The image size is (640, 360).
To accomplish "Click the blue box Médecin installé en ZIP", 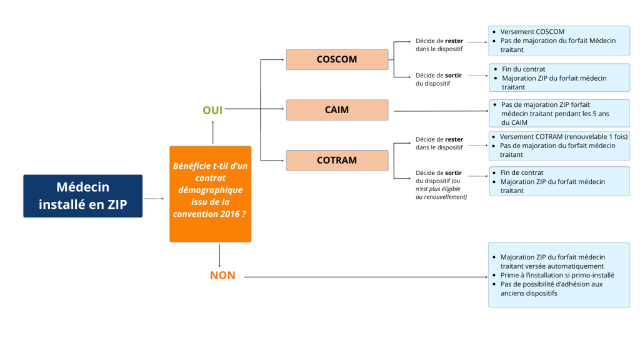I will pos(82,196).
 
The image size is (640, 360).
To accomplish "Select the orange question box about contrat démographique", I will pos(210,194).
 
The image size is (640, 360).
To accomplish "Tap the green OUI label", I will pos(212,110).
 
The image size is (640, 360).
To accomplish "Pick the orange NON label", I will pos(222,276).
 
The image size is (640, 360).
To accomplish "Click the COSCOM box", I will pos(337,59).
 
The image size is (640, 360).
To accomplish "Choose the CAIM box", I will pos(337,110).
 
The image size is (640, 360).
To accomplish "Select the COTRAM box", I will pos(337,161).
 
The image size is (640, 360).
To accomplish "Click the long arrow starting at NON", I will pos(362,276).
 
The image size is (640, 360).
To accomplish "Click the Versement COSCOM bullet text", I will pos(532,32).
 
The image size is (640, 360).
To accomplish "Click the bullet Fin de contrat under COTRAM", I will pos(522,172).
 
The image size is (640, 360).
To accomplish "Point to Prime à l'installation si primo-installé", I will pos(557,275).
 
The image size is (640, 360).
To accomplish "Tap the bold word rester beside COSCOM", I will pos(454,41).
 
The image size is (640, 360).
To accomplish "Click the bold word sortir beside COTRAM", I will pos(454,172).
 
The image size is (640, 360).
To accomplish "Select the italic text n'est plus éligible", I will pos(441,189).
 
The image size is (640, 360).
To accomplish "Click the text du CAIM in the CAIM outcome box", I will pos(514,122).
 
